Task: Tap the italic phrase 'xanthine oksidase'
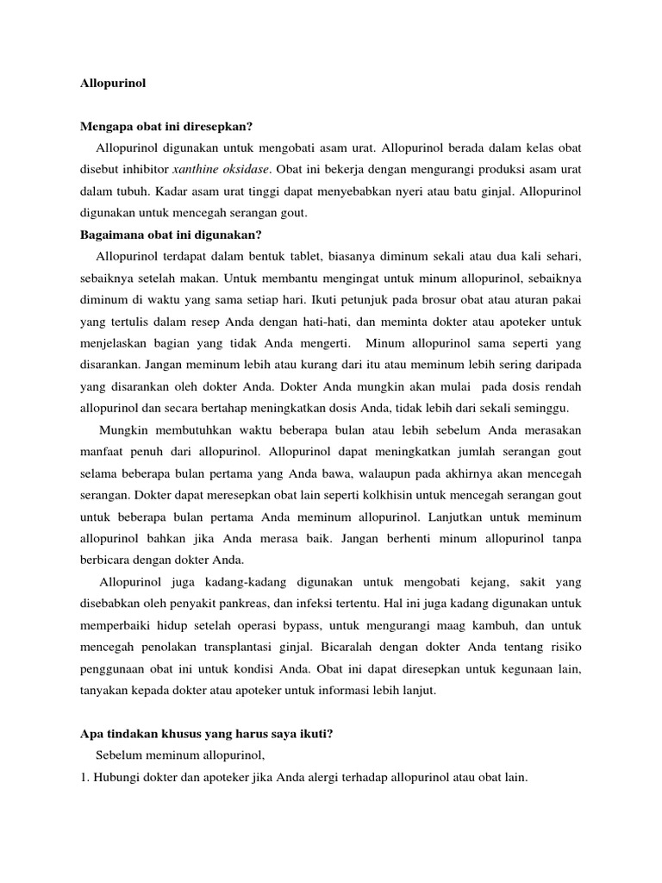[221, 168]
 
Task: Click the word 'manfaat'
[103, 452]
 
